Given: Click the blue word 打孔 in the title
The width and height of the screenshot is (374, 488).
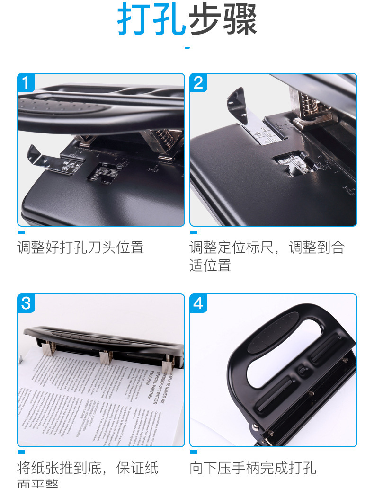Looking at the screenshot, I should (x=151, y=19).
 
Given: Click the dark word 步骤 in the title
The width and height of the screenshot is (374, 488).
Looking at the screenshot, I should (x=223, y=19).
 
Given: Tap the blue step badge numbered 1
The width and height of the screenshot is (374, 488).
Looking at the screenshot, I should (x=26, y=83).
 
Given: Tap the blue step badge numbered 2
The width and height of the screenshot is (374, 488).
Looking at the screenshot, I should (x=198, y=83).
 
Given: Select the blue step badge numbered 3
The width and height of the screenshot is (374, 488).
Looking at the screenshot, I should (x=26, y=303).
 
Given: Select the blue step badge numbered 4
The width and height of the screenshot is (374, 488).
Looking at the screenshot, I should (x=198, y=303).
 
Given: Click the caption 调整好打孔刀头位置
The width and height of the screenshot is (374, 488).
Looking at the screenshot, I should (x=80, y=248).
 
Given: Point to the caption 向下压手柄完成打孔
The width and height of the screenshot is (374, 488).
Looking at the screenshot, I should (x=252, y=468).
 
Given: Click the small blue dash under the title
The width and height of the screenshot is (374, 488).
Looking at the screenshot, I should (x=187, y=47).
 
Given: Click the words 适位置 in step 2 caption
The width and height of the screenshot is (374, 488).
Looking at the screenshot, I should (x=210, y=266).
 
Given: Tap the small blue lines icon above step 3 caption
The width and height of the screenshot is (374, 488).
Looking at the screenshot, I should (x=21, y=453).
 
